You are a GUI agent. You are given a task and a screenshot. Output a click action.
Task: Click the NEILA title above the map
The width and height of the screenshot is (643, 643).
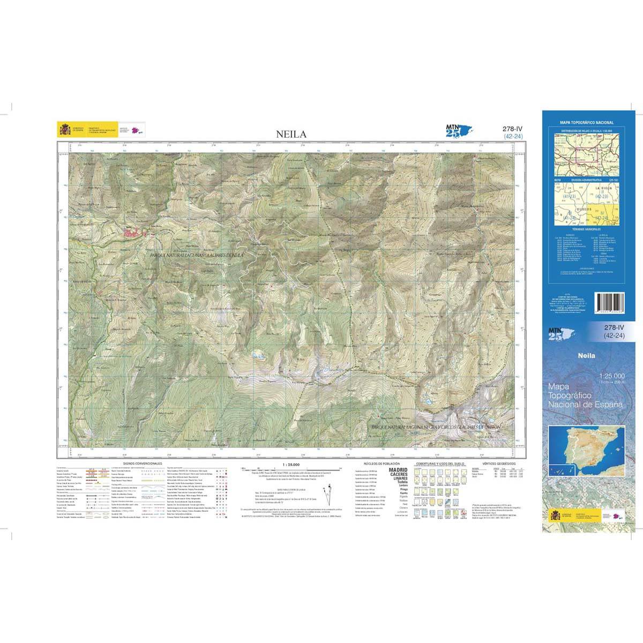pyautogui.click(x=291, y=134)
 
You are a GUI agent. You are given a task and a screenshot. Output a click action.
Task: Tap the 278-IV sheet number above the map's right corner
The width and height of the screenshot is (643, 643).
pyautogui.click(x=513, y=129)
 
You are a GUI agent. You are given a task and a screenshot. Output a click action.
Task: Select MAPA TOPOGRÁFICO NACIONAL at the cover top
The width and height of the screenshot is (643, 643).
pyautogui.click(x=587, y=123)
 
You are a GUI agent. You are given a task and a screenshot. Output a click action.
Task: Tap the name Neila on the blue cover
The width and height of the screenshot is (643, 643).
pyautogui.click(x=588, y=354)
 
